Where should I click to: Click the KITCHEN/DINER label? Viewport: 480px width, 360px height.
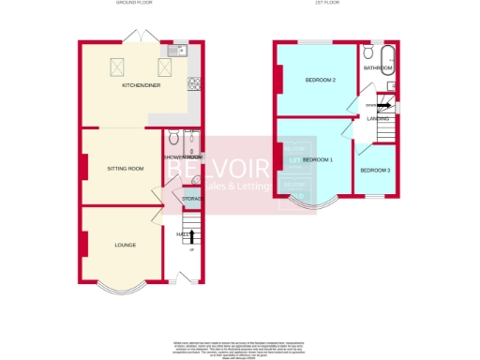coord(139,85)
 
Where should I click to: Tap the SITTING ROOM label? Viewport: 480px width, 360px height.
coord(125,169)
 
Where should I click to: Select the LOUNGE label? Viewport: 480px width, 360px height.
coord(125,246)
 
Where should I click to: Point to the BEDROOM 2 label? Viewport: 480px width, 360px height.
coord(320,80)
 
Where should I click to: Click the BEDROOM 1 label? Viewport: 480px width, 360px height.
coord(318,160)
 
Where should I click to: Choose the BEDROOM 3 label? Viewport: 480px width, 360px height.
coord(375,170)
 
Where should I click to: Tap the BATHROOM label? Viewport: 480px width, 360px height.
coord(379,68)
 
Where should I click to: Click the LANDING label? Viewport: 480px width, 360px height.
coord(379,119)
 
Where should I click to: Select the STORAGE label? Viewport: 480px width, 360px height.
coord(192,199)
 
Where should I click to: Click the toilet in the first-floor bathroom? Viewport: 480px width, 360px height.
coord(371,53)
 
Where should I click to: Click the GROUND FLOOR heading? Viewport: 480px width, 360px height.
coord(135,5)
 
